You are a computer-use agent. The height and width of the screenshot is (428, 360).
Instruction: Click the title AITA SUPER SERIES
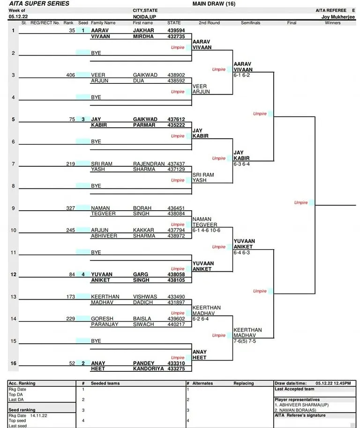(39, 4)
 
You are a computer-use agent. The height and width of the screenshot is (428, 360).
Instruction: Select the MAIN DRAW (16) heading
(214, 4)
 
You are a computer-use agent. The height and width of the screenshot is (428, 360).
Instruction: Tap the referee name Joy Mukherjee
(338, 17)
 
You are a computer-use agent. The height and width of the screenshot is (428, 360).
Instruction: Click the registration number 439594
(176, 30)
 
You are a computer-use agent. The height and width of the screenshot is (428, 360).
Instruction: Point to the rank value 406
(70, 75)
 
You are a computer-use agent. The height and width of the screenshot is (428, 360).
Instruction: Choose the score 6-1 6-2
(241, 75)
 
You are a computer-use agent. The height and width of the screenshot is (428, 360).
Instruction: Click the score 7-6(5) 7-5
(245, 341)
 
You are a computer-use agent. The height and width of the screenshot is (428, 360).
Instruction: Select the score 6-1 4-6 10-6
(206, 230)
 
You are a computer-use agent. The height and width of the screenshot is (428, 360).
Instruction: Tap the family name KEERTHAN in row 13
(105, 296)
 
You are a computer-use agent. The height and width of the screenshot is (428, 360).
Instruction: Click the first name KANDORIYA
(148, 369)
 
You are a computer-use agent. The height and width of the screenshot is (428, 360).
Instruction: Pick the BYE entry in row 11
(96, 252)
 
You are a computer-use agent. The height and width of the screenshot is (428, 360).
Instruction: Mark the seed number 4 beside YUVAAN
(83, 274)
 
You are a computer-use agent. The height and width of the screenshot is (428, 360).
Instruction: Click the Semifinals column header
(250, 23)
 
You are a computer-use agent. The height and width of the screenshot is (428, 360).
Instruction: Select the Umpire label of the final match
(301, 203)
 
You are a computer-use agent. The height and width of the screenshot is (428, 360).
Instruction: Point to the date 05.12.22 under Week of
(18, 17)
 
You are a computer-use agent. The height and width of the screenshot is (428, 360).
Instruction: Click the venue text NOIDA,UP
(144, 17)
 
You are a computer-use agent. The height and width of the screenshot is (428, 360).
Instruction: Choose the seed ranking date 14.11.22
(38, 415)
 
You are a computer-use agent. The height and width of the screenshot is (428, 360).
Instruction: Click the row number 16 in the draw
(14, 363)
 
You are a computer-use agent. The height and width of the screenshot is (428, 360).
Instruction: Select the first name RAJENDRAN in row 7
(149, 164)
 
